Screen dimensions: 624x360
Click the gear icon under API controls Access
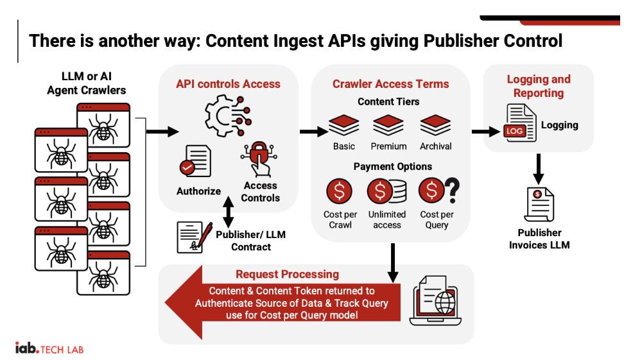coord(227,116)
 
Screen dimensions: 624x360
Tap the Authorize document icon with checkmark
coord(195,161)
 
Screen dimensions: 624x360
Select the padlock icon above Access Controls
coord(259,159)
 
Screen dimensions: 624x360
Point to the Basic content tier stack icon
coord(344,125)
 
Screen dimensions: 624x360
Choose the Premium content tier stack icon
coord(388,125)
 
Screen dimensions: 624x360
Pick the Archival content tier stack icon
coord(435,125)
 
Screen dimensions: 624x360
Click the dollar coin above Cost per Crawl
coord(340,191)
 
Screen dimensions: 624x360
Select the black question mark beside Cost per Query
coord(453,190)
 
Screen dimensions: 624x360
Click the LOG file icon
coord(521,123)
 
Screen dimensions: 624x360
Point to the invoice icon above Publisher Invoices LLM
coord(539,205)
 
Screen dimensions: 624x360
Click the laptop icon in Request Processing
coord(435,300)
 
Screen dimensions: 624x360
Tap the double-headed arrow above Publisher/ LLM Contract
coord(229,212)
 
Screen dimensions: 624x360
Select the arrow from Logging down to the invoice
coord(539,169)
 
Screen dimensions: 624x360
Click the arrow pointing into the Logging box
coord(486,132)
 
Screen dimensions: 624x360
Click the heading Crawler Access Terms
coord(390,84)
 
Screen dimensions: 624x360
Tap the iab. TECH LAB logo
coord(49,348)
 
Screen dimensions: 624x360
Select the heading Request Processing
coord(287,274)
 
